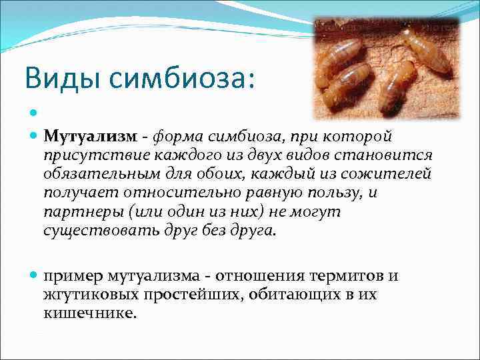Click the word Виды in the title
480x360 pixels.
click(x=56, y=78)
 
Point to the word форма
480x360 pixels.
click(x=177, y=137)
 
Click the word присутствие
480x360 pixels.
click(x=92, y=155)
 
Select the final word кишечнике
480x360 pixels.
click(x=89, y=313)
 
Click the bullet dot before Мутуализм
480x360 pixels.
click(x=35, y=137)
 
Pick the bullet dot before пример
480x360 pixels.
click(x=35, y=275)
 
